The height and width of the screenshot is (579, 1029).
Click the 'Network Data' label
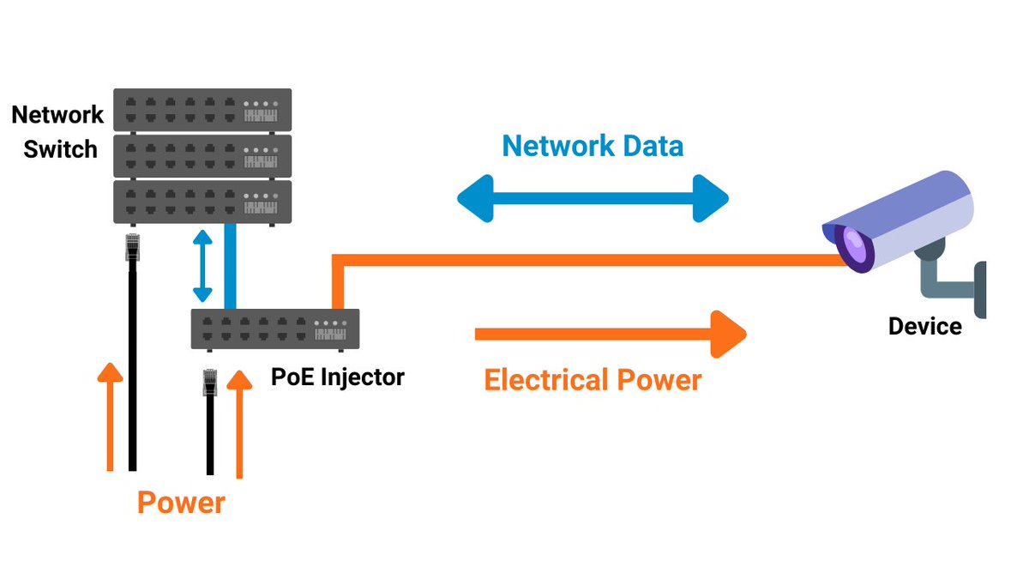pyautogui.click(x=593, y=146)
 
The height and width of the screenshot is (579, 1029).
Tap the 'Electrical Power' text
pyautogui.click(x=593, y=379)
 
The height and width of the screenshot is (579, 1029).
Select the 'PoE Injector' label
pyautogui.click(x=337, y=376)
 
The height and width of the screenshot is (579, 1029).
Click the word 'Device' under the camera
pyautogui.click(x=924, y=326)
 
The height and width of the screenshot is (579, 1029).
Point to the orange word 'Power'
pyautogui.click(x=180, y=503)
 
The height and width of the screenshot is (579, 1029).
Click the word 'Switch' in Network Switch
pyautogui.click(x=60, y=149)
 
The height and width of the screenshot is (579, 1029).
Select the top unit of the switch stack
pyautogui.click(x=202, y=109)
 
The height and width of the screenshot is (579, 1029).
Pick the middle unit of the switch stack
pyautogui.click(x=202, y=154)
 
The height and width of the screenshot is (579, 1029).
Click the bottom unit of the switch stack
pyautogui.click(x=202, y=201)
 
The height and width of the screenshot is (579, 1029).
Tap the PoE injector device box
pyautogui.click(x=274, y=328)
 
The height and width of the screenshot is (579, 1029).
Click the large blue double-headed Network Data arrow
pyautogui.click(x=593, y=199)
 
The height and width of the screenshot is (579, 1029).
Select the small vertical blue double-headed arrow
pyautogui.click(x=202, y=266)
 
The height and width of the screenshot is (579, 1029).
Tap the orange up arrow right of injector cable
pyautogui.click(x=240, y=425)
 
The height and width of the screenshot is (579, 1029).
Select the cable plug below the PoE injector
pyautogui.click(x=209, y=383)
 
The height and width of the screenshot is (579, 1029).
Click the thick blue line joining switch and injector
pyautogui.click(x=230, y=266)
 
